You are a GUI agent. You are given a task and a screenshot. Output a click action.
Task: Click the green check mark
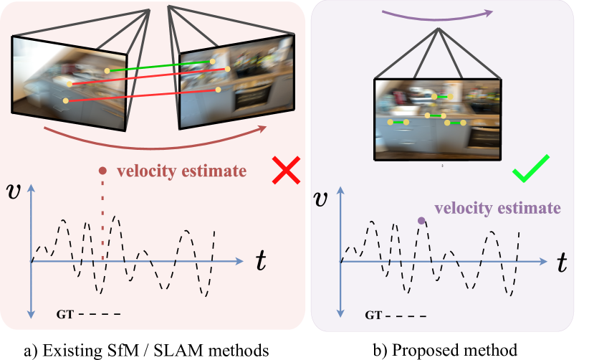[531, 169]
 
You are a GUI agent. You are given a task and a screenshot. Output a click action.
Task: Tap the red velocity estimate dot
[102, 171]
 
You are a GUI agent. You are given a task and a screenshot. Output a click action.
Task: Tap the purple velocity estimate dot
[421, 220]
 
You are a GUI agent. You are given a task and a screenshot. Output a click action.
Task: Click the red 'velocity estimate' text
[181, 171]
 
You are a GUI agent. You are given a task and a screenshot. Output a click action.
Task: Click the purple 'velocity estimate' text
[497, 208]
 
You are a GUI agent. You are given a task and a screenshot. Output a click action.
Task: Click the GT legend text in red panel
[64, 314]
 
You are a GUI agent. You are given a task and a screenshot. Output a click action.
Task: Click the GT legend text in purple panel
[374, 315]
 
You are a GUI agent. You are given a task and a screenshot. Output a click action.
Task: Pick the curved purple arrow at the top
[437, 14]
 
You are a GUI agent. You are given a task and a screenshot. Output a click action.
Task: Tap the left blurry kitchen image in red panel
[68, 79]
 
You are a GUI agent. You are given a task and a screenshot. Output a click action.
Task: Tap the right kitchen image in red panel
[236, 82]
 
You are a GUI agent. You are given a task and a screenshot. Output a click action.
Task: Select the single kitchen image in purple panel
[437, 118]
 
